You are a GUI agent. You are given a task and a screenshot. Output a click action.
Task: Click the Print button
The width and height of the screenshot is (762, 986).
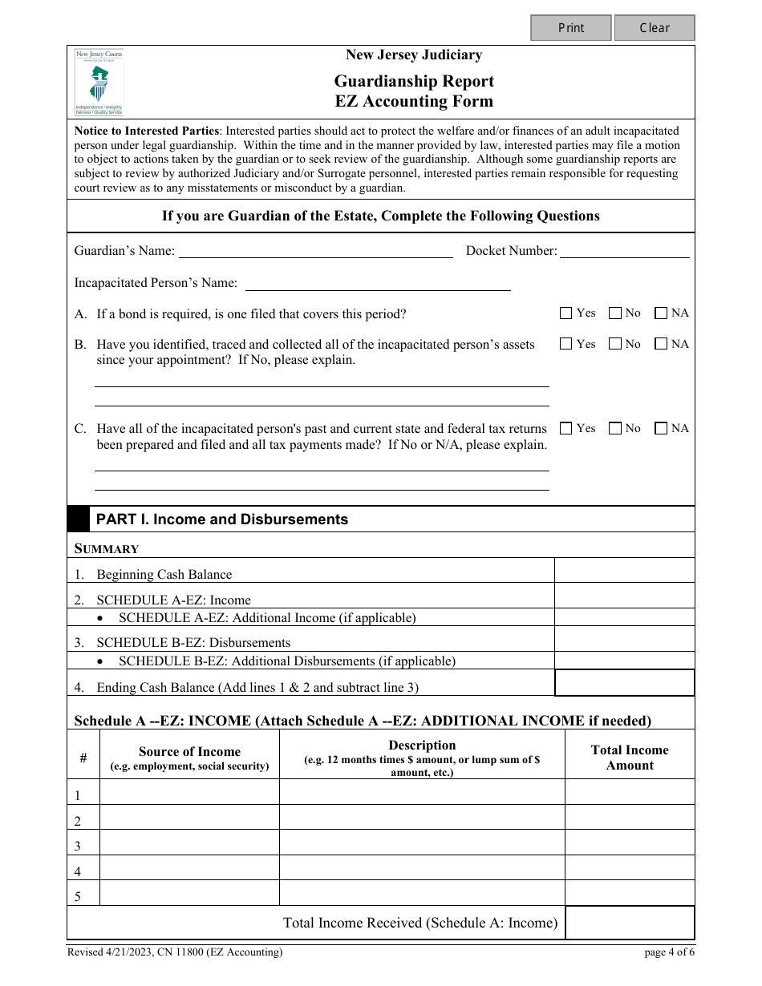point(571,28)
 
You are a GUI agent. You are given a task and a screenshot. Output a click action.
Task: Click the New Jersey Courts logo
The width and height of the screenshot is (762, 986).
point(99,82)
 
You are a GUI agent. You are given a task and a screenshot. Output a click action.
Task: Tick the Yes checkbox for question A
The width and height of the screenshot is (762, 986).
point(566,313)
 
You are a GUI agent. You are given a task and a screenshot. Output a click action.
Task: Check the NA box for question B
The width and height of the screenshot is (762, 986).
point(661,344)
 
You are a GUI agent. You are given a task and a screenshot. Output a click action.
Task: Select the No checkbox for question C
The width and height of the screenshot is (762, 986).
point(615,429)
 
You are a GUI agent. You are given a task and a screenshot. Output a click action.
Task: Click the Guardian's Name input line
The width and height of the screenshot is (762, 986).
point(315,251)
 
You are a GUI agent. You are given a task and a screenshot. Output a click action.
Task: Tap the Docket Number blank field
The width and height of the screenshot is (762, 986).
point(624,251)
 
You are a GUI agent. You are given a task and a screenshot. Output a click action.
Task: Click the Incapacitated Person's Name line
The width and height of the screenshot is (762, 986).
point(377,283)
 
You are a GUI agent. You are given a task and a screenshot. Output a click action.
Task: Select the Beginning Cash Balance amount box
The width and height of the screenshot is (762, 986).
point(624,570)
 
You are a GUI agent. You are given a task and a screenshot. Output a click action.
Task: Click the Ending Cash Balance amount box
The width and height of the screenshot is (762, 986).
point(624,683)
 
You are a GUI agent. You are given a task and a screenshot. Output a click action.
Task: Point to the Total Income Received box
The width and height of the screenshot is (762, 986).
point(630,923)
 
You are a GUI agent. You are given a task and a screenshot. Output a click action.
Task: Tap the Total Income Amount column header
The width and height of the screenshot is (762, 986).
point(630,758)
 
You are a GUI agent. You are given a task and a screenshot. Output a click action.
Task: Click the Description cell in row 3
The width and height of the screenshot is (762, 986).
point(422,843)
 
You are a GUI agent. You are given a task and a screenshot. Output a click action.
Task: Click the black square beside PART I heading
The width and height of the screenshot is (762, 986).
point(78,519)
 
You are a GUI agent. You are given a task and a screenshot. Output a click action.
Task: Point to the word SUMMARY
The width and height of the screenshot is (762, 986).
point(107,549)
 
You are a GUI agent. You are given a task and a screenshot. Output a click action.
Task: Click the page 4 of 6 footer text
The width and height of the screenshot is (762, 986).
point(669,952)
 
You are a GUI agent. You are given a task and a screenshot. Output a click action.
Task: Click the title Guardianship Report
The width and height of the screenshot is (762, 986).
point(414,81)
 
